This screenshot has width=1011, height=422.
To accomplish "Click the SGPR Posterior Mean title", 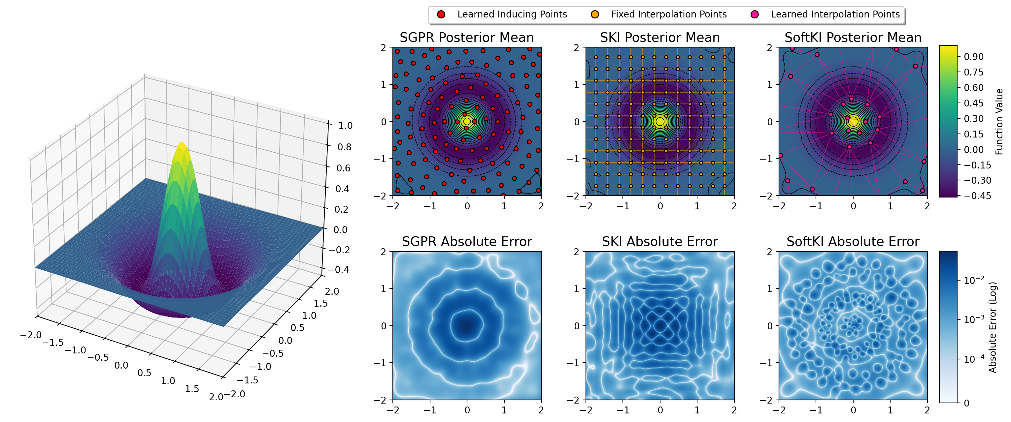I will coord(467,38).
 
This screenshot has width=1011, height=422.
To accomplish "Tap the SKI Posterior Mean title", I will coord(660,38).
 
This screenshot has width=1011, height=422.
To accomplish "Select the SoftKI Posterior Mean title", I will coord(853,38).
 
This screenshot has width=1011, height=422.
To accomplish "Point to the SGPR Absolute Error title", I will coord(467,242).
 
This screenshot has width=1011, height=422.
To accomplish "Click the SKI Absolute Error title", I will coord(660,242).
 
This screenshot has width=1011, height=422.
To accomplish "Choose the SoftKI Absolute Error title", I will coord(853,242).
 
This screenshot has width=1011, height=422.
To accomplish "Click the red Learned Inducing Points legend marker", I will coord(441,15).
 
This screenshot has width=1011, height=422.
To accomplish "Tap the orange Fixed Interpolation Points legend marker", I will coord(595,15).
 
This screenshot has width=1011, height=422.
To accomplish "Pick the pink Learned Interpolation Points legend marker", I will coord(754,15).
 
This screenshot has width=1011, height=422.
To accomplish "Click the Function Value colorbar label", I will coord(999,122).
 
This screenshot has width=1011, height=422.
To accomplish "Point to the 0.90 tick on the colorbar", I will coord(973,57).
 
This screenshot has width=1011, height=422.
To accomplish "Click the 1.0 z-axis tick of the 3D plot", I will coord(345,126).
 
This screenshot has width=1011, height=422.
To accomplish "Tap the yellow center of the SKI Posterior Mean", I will coord(660,122).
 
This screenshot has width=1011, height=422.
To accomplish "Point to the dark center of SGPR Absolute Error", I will coord(467,325).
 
